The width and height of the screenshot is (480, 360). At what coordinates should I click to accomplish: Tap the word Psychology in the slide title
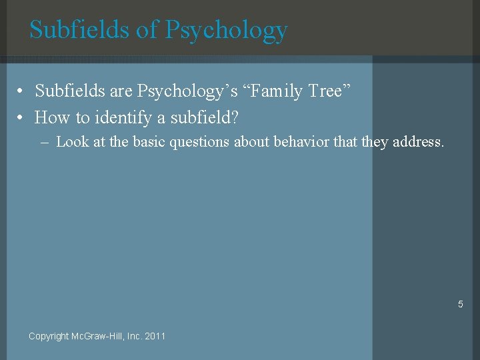(x=226, y=31)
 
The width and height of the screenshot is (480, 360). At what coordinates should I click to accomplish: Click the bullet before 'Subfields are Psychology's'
(x=22, y=91)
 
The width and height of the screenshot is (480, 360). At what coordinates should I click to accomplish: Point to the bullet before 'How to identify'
(x=22, y=118)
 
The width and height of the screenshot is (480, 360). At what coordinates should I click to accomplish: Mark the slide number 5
(x=460, y=304)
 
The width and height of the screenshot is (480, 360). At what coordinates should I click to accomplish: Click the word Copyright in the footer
(x=49, y=336)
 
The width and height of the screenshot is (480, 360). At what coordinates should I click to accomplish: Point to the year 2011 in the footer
(x=155, y=336)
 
